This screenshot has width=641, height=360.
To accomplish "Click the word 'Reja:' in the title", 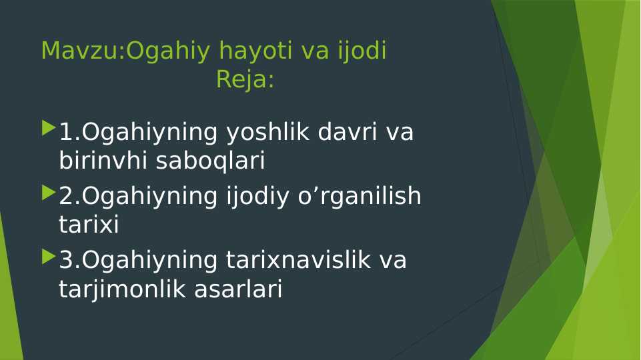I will point(245,80).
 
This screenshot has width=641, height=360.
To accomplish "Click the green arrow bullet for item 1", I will point(48,127).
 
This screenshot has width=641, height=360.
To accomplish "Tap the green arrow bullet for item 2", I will point(48,192).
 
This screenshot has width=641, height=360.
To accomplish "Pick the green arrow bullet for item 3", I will point(48,256).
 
